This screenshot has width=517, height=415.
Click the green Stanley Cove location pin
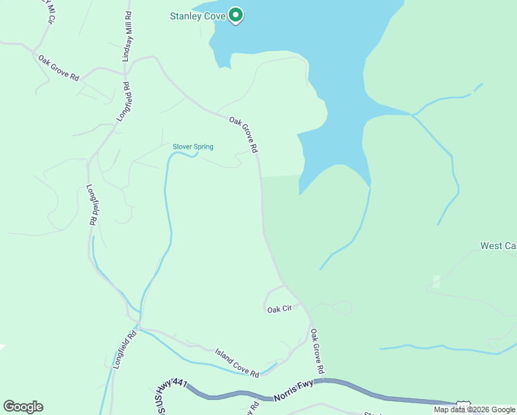(x=236, y=15)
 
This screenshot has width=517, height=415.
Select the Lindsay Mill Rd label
(x=127, y=37)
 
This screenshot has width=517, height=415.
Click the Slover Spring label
(x=193, y=147)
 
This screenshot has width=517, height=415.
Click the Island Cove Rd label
(x=237, y=363)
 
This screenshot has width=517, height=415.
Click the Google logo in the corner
(x=23, y=407)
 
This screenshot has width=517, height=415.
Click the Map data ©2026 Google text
(x=474, y=409)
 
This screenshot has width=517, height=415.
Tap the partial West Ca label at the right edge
(x=498, y=246)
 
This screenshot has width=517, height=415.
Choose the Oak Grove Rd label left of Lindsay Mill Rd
(x=59, y=67)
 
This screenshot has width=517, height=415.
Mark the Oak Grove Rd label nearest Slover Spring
(x=244, y=135)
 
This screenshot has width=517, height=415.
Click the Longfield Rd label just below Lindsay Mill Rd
(x=123, y=102)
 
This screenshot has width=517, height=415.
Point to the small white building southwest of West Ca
(x=435, y=282)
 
